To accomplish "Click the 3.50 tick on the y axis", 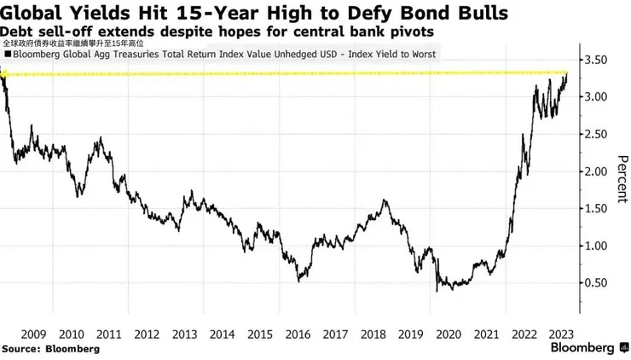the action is point(595,60).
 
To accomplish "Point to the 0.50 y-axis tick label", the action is point(595,283).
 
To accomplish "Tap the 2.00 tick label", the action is point(595,171).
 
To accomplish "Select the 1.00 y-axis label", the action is point(595,246).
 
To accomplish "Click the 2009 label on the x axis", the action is point(33,334).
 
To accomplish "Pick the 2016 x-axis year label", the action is point(298,334).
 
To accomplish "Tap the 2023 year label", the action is point(561,334).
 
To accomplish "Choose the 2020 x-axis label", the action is point(449,334).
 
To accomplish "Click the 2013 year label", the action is point(185,334).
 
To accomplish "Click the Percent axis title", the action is point(622,179).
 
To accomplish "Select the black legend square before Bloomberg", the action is point(8,55).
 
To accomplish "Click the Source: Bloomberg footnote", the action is point(50,349).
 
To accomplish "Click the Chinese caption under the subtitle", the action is point(72,44).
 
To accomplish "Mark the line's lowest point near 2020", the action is point(437,291).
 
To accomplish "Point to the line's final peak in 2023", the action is point(567,73).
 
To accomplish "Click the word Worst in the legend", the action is point(424,55).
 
